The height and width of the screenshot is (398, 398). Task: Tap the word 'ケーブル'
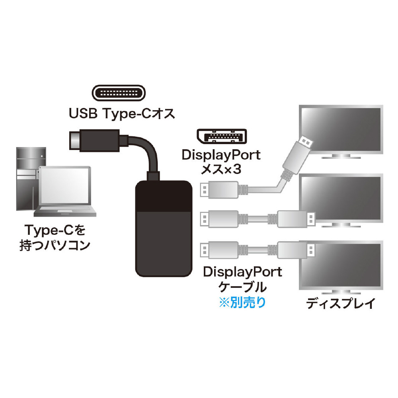(x=242, y=287)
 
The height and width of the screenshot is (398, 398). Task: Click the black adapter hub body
(x=162, y=228)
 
